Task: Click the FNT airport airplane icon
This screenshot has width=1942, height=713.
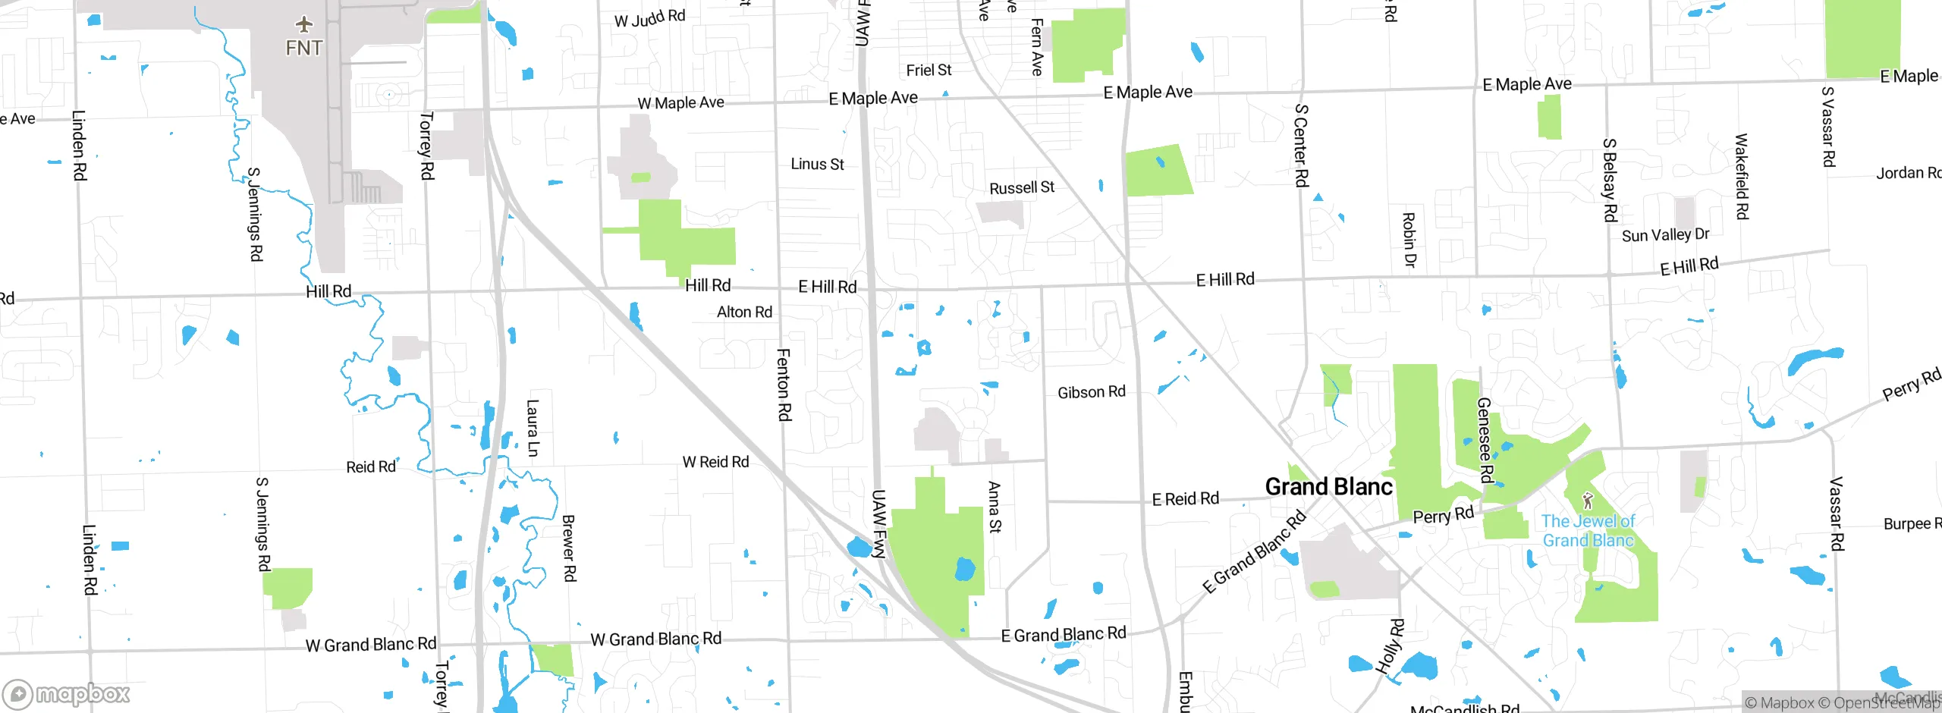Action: click(304, 24)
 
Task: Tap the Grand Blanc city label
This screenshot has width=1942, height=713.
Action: click(1329, 486)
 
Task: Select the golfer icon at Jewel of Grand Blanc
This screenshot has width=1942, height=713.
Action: click(1588, 501)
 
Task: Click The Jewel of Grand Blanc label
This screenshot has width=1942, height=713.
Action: click(1588, 531)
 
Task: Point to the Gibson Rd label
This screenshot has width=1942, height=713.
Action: click(1092, 392)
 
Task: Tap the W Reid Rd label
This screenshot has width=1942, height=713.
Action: click(715, 462)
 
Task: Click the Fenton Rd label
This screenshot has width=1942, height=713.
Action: click(784, 385)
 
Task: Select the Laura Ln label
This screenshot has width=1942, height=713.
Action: click(533, 428)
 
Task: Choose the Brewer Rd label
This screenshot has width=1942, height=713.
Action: click(569, 548)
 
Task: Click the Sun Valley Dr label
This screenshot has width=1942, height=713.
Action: click(1665, 235)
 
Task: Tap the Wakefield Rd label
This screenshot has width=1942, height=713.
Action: click(1742, 177)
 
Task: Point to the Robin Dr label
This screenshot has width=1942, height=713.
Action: click(1409, 240)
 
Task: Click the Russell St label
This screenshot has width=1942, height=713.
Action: click(1022, 187)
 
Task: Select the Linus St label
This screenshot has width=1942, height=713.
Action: click(817, 164)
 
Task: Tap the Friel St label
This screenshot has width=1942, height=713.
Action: click(929, 70)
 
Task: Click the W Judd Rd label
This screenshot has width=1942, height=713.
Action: click(649, 18)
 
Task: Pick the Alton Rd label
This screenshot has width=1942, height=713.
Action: click(744, 312)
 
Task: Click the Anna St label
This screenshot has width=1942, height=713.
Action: click(995, 507)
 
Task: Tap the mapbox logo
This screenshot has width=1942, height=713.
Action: click(67, 693)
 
